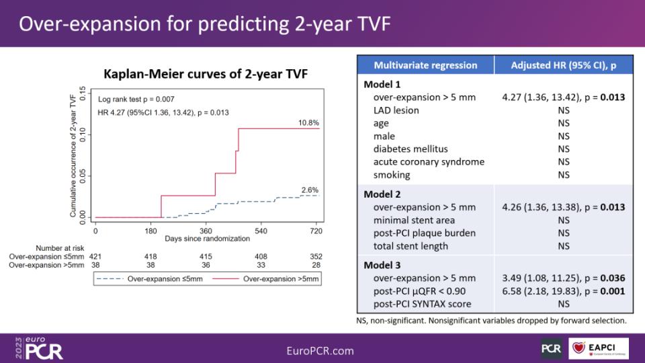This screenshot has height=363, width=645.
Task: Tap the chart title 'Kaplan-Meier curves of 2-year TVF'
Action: click(x=206, y=74)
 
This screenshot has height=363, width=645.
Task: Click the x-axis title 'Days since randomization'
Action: click(x=207, y=239)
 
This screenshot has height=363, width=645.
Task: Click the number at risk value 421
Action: click(x=95, y=256)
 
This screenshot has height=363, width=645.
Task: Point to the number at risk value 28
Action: click(x=316, y=265)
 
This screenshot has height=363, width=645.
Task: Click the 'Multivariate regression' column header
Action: click(x=425, y=66)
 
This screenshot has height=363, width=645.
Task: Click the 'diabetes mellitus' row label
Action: click(x=411, y=149)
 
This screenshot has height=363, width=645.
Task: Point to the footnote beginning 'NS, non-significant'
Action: click(x=491, y=321)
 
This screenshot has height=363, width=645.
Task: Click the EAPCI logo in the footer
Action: click(x=599, y=348)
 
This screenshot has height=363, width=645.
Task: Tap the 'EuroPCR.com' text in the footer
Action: click(x=320, y=350)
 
